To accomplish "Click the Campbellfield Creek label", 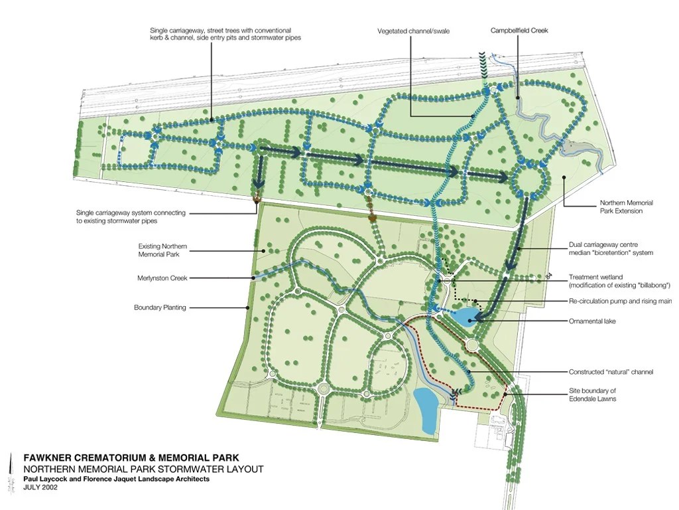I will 519,31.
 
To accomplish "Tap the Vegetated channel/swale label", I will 413,31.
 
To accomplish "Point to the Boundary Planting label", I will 160,307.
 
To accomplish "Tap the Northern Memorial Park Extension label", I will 626,207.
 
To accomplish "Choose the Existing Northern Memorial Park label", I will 162,250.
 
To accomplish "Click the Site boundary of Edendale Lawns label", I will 592,394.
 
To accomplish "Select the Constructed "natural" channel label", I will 611,372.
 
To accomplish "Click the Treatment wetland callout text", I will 619,281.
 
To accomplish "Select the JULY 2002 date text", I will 40,487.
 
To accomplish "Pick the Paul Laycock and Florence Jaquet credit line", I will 116,479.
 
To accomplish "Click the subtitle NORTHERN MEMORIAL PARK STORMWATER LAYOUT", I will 143,469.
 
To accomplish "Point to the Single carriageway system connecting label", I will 131,216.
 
